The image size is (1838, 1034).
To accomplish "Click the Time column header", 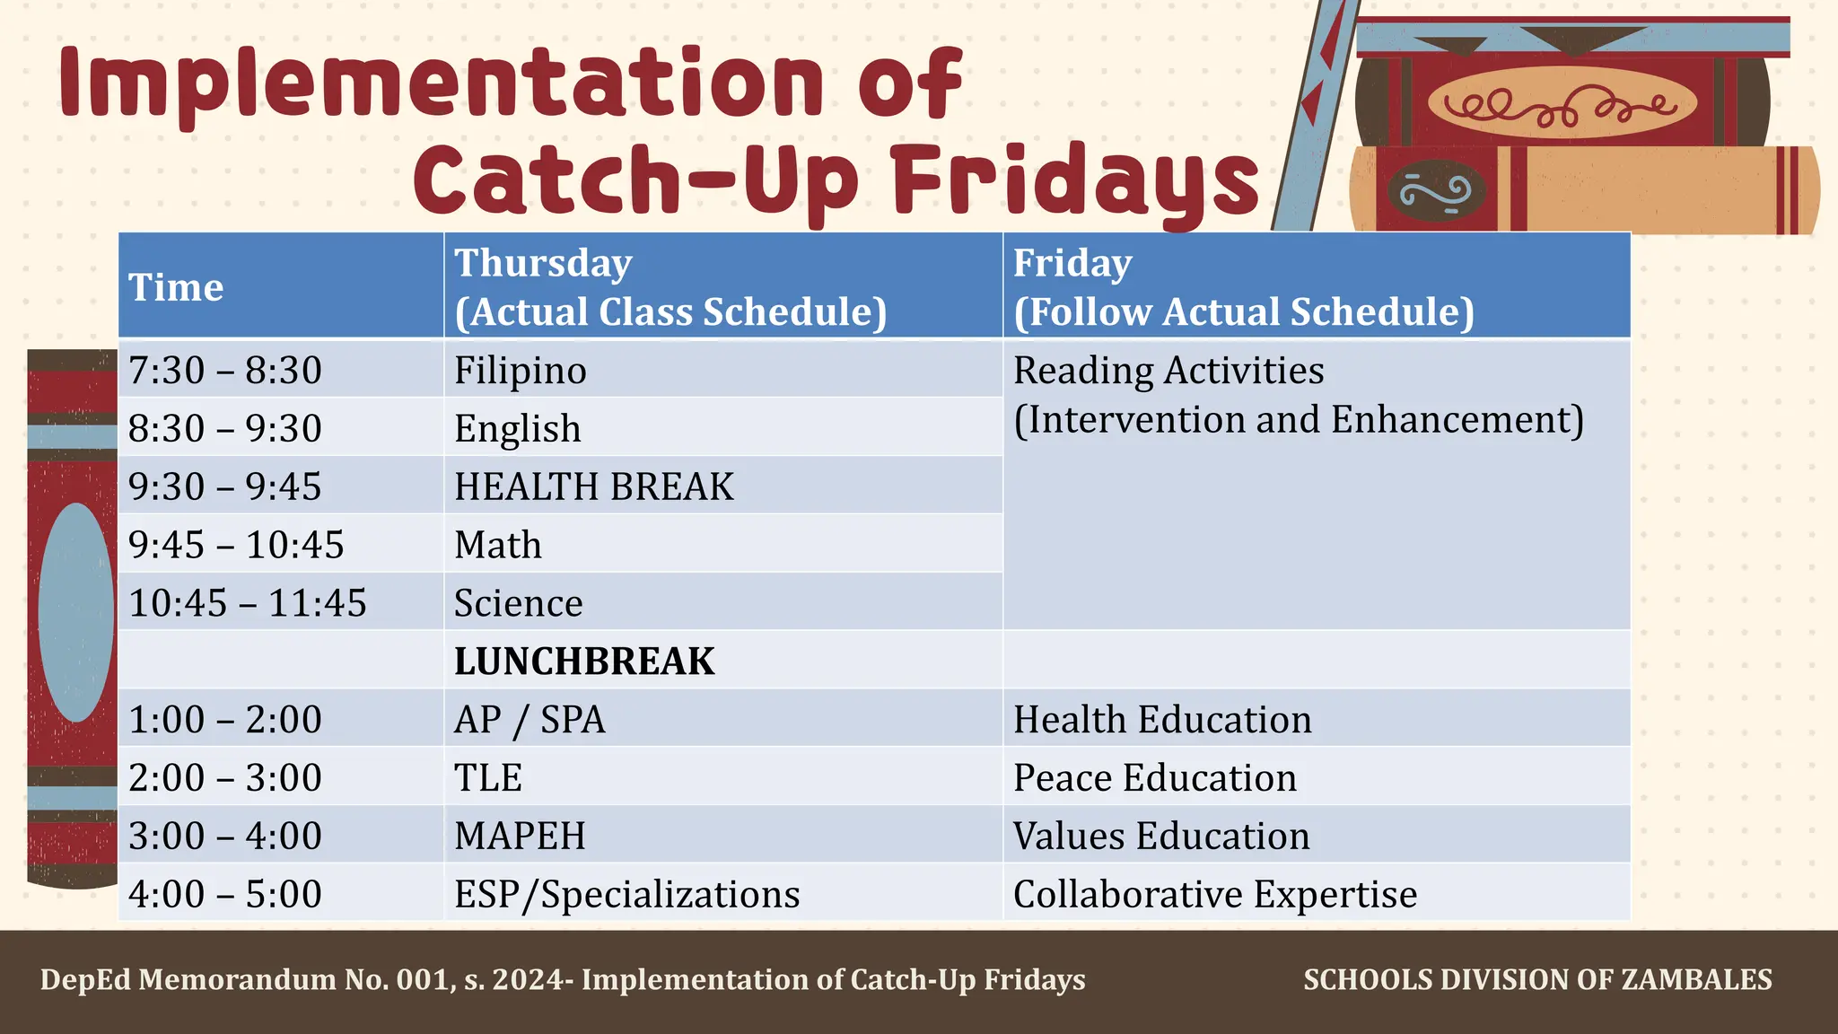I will [176, 287].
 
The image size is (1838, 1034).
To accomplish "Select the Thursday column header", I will [670, 287].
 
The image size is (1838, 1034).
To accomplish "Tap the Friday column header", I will [1243, 287].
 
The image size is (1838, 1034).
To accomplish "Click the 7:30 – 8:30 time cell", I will [225, 371].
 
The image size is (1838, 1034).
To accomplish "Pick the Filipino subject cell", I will [521, 371].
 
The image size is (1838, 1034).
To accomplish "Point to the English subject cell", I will [518, 429].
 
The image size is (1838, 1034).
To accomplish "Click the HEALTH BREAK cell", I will [594, 486].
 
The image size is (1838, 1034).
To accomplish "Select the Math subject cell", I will [498, 545].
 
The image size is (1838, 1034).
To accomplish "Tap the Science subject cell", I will [519, 603].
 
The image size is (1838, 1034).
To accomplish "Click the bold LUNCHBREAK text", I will [584, 662].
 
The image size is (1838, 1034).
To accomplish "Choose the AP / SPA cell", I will [530, 720].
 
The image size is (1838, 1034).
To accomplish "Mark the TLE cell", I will [488, 778].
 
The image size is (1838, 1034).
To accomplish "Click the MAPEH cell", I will [520, 837].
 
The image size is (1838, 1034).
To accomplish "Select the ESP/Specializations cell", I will [626, 895].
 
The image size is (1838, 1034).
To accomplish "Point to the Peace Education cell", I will [1155, 778].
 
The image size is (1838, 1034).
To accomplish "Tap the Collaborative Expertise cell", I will [1215, 895].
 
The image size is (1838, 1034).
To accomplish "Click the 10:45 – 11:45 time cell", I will [248, 603].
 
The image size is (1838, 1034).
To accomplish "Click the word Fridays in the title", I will [1076, 180].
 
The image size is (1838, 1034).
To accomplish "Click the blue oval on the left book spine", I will [76, 612].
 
